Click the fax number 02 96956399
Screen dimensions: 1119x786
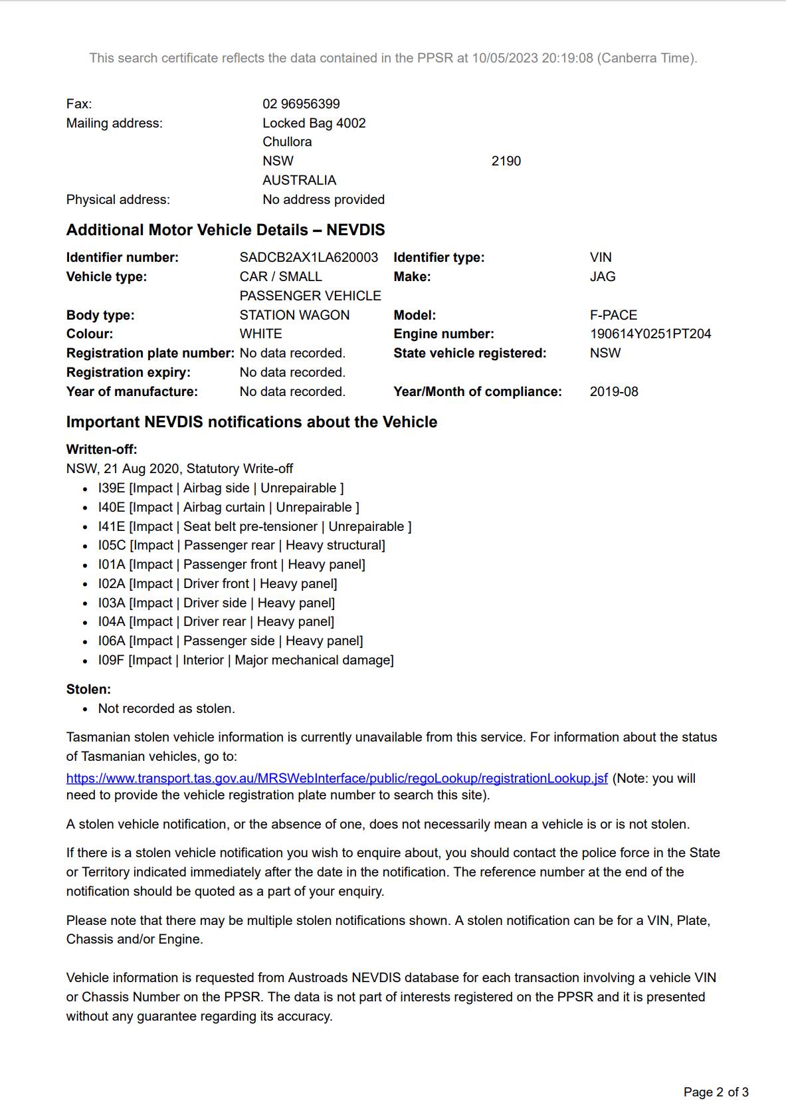(301, 104)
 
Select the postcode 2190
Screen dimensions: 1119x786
(506, 161)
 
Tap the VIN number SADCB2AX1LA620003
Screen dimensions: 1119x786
(308, 257)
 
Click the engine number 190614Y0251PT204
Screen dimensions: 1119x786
(650, 334)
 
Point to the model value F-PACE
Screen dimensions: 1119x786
(613, 315)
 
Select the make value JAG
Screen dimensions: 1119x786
(602, 276)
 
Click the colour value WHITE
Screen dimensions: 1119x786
(260, 334)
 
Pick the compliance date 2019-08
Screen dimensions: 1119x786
(613, 391)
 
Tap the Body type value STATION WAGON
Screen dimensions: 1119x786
(294, 315)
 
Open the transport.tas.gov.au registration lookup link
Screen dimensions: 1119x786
(337, 778)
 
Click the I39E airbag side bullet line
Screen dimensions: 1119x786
(221, 488)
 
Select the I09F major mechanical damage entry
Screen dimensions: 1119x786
(246, 660)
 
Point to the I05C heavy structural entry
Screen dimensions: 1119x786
(241, 545)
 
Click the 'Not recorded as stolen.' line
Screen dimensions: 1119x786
(166, 708)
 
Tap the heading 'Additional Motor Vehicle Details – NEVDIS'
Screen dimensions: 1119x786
(225, 230)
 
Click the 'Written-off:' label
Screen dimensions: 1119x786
(102, 449)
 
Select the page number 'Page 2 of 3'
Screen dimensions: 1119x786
(716, 1092)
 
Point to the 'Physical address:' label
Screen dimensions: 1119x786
(118, 199)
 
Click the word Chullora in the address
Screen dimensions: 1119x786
(287, 142)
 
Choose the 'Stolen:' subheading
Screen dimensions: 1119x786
(88, 689)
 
